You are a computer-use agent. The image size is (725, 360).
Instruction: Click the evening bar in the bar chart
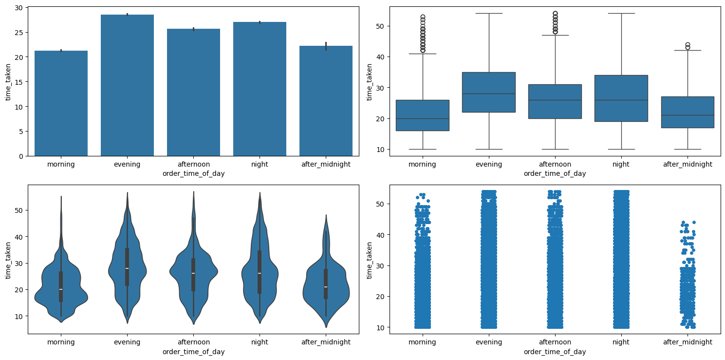(127, 85)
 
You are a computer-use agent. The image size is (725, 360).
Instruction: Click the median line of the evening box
(489, 94)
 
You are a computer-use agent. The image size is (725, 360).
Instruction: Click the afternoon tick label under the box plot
(555, 164)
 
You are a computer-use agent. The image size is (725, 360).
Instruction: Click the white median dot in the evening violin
(127, 268)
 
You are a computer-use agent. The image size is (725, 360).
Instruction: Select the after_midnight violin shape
(326, 287)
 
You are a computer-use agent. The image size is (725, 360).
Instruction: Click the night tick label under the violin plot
(260, 342)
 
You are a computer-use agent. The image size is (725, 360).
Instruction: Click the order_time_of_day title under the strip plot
(555, 352)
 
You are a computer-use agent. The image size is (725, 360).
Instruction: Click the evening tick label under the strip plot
(489, 342)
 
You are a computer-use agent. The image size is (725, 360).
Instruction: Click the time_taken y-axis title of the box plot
(370, 81)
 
